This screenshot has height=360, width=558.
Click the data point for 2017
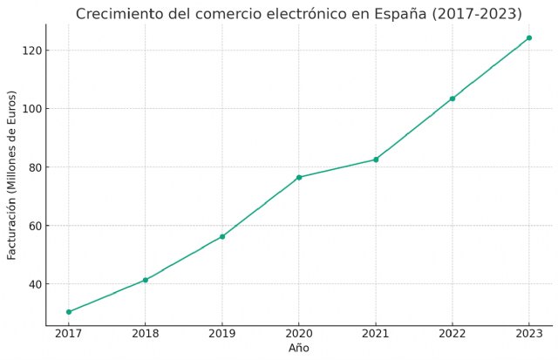pos(69,312)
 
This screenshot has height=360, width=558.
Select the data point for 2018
pos(146,280)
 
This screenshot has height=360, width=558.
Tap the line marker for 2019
pos(222,236)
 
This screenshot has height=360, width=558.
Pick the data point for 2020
pos(299,177)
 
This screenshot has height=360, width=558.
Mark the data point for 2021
pos(376,160)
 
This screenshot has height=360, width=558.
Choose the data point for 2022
pos(453,98)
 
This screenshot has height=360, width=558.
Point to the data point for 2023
pos(529,37)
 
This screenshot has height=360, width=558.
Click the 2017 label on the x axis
pos(69,335)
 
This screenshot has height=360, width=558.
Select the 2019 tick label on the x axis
pos(222,335)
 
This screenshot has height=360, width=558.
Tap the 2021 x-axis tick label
pos(376,335)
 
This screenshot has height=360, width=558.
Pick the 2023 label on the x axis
pos(529,335)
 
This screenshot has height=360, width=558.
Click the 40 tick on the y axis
pos(35,284)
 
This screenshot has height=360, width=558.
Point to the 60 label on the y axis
pos(35,226)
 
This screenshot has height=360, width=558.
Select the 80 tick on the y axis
pos(35,167)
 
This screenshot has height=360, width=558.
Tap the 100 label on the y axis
pos(32,109)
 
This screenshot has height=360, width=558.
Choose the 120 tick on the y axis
pos(32,51)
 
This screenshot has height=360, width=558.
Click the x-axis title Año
pos(299,349)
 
